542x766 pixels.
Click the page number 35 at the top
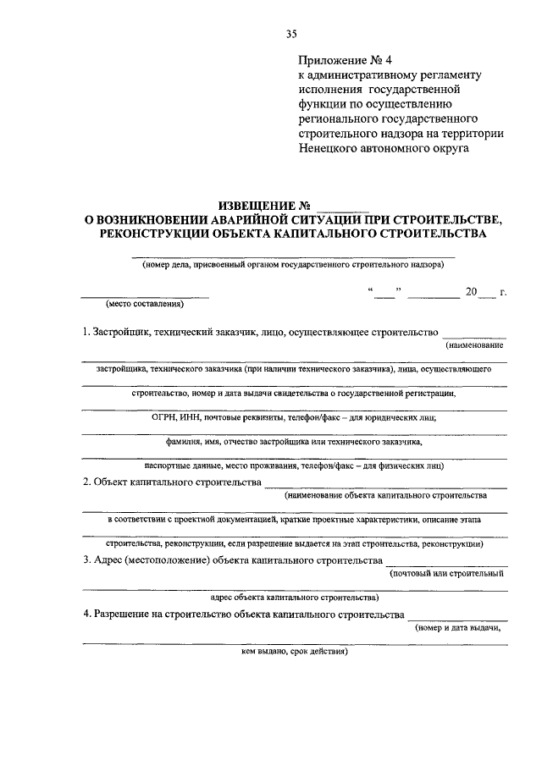pyautogui.click(x=292, y=34)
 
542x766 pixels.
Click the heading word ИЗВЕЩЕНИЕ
pyautogui.click(x=257, y=206)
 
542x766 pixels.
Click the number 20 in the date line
pyautogui.click(x=471, y=293)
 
